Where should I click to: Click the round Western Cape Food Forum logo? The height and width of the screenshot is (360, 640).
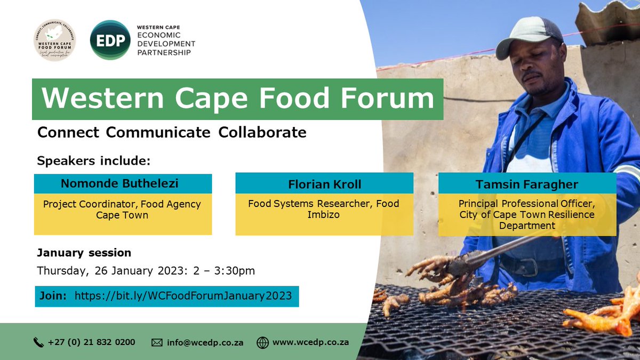pos(54,40)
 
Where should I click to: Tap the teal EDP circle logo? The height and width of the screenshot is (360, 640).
pos(110,40)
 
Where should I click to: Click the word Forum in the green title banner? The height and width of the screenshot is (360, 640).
pos(394,99)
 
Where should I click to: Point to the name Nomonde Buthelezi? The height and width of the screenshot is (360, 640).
pos(119,184)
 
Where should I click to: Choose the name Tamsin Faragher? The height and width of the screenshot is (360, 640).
pos(527,184)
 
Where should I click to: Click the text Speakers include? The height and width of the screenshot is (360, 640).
pos(94,160)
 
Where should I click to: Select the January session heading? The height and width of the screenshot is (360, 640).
pos(84,252)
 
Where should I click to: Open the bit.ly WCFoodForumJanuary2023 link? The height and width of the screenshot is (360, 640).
pos(183,296)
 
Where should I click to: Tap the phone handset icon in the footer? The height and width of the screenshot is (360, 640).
pos(38,342)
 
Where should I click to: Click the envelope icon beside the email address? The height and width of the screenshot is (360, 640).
pos(157,342)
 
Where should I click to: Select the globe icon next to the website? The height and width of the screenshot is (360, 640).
pos(262,342)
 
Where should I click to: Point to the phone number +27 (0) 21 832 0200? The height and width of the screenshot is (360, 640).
pos(91,342)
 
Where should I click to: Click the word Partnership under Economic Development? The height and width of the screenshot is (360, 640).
pos(164,52)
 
